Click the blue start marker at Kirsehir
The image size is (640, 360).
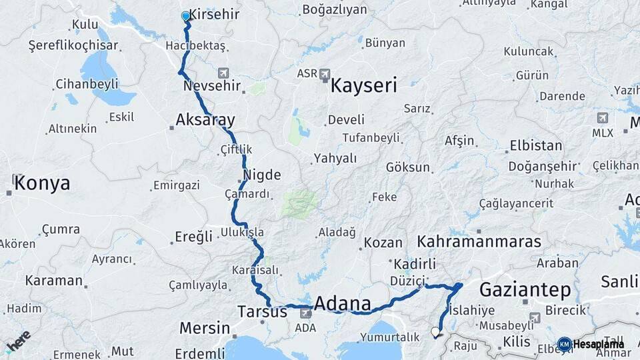click(186, 16)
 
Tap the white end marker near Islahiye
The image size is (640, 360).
click(435, 331)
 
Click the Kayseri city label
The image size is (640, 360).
click(363, 85)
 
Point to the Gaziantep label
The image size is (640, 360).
click(525, 290)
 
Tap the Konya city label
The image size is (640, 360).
click(41, 183)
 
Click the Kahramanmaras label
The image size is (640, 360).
click(479, 241)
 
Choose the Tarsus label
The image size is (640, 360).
click(262, 311)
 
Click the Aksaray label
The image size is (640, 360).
click(205, 120)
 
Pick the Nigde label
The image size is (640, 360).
click(261, 175)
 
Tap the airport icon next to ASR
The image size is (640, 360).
click(325, 74)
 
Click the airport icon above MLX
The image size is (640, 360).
click(603, 118)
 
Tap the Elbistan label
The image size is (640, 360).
click(536, 145)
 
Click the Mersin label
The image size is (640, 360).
click(205, 328)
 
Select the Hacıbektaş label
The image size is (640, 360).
click(197, 45)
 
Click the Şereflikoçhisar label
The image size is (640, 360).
click(73, 45)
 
